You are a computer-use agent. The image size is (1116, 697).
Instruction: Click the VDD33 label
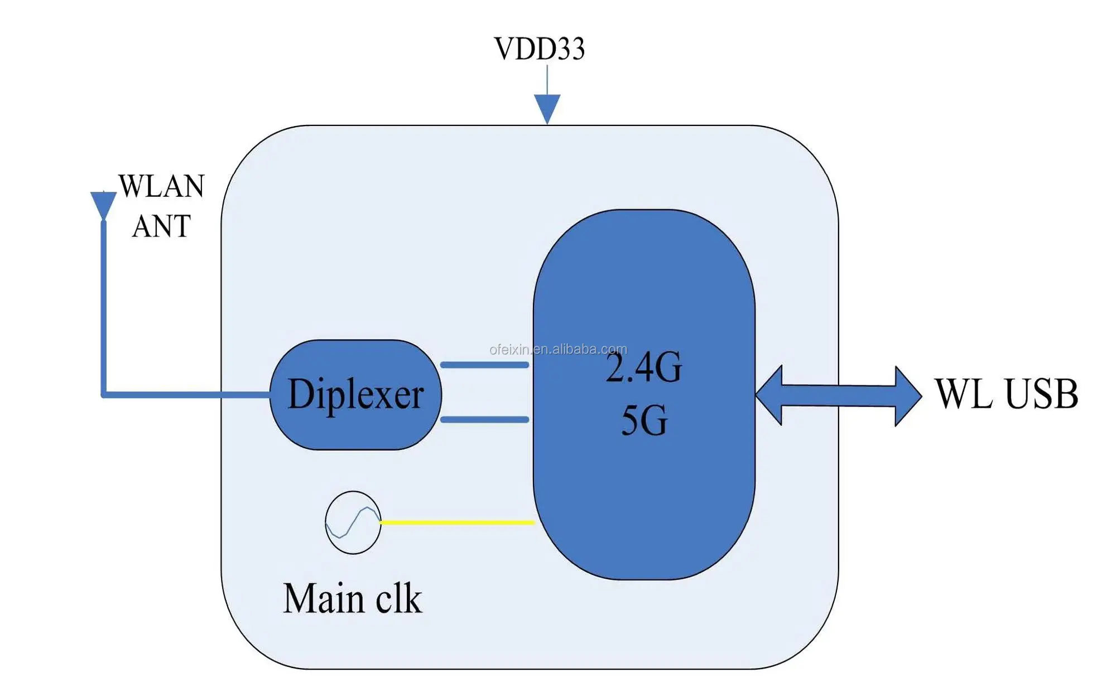[x=540, y=49]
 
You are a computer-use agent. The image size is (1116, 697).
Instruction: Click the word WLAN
[x=161, y=186]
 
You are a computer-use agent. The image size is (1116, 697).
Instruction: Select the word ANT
[x=161, y=226]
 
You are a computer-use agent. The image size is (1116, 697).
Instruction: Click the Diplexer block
[x=355, y=395]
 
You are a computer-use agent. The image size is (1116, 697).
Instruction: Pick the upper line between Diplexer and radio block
[x=484, y=365]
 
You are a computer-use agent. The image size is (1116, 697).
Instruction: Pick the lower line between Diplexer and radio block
[x=484, y=419]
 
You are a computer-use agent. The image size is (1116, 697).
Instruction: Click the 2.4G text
[x=644, y=367]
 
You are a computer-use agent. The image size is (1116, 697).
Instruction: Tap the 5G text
[x=644, y=420]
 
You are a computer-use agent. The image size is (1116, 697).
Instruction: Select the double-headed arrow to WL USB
[x=838, y=395]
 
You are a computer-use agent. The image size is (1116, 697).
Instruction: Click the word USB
[x=1041, y=394]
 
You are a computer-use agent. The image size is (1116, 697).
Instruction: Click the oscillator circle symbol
[x=353, y=522]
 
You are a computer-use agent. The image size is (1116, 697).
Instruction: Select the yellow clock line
[x=457, y=522]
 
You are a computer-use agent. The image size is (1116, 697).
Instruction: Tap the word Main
[x=324, y=598]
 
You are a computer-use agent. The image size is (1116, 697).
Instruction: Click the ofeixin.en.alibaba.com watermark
[x=558, y=350]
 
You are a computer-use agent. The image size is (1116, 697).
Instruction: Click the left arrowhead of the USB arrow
[x=769, y=395]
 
